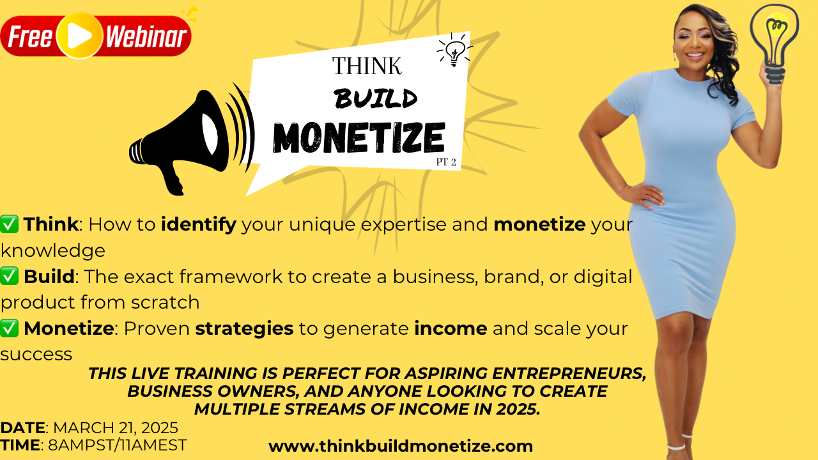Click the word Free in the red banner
pos(30,38)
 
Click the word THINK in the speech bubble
pos(367,66)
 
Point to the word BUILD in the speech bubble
pos(376,99)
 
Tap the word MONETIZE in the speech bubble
pos(359,136)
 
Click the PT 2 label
pos(446,162)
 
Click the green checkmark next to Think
pos(10,224)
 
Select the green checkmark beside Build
pos(10,276)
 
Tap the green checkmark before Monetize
pos(10,328)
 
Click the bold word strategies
pos(244,328)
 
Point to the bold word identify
pos(199,224)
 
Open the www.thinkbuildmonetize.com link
pos(401,446)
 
